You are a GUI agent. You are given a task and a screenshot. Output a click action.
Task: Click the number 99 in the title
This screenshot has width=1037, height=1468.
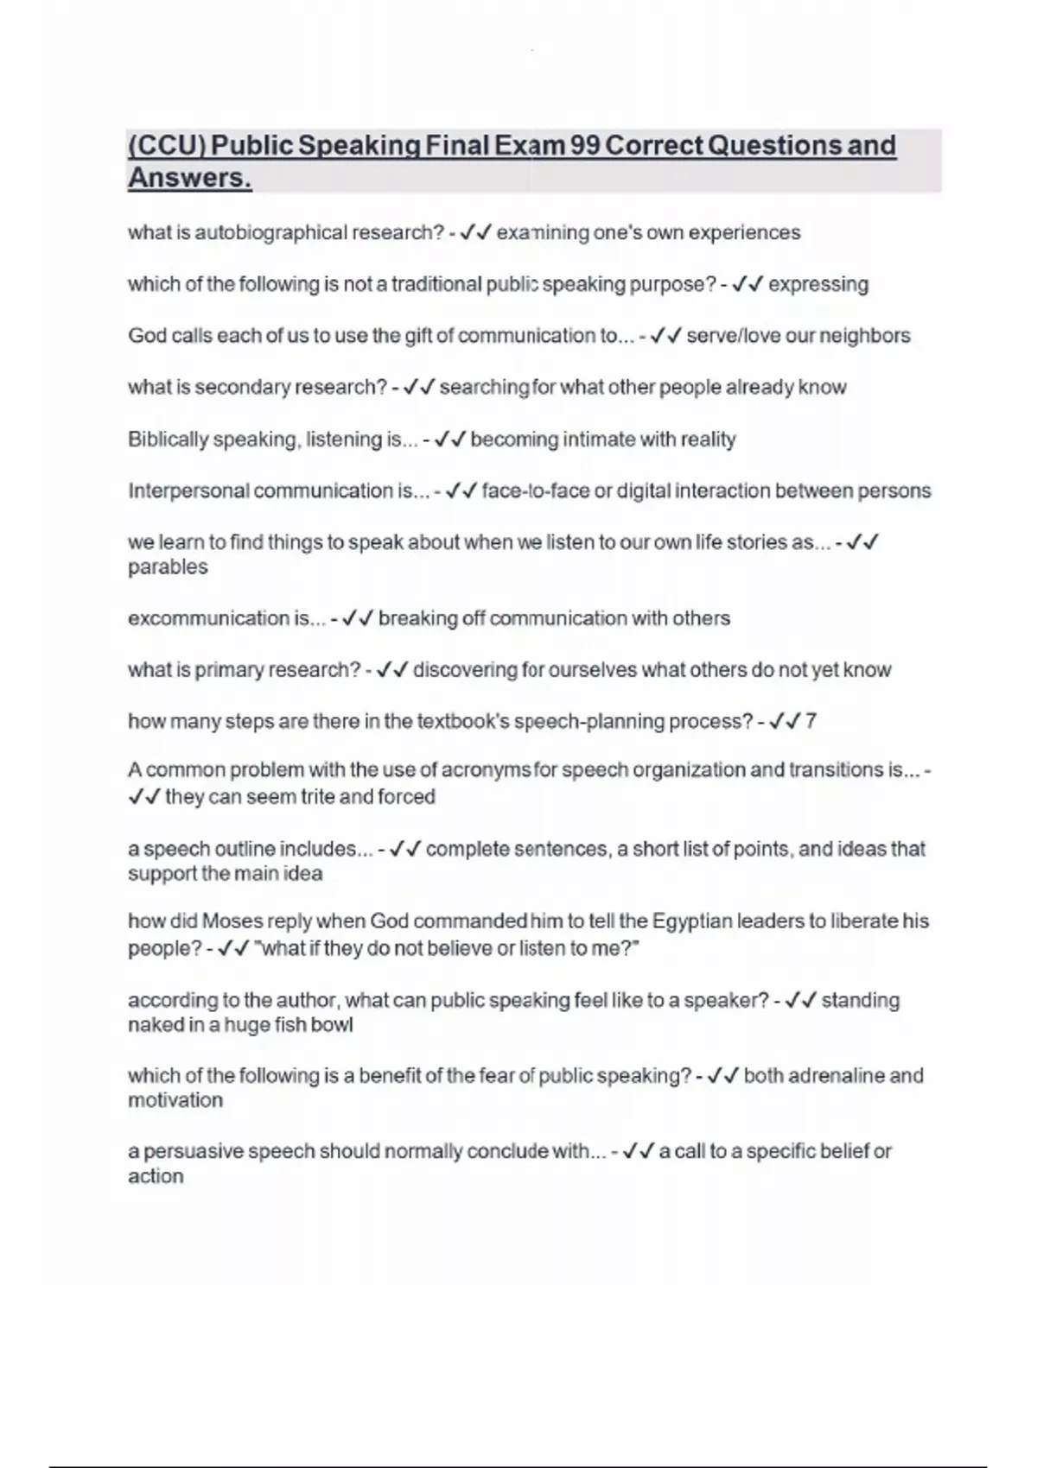pyautogui.click(x=585, y=145)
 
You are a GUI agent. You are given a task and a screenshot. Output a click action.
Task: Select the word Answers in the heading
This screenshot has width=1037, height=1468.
pyautogui.click(x=189, y=178)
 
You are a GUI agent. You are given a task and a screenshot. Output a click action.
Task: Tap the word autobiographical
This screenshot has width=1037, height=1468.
pyautogui.click(x=270, y=233)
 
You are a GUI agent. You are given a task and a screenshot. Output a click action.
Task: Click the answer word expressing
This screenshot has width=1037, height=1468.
pyautogui.click(x=818, y=284)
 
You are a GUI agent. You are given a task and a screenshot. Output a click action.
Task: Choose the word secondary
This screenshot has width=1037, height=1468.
pyautogui.click(x=243, y=388)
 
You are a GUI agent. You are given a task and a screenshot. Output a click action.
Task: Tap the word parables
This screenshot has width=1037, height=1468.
pyautogui.click(x=168, y=567)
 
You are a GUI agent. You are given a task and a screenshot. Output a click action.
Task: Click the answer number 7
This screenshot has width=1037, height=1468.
pyautogui.click(x=811, y=721)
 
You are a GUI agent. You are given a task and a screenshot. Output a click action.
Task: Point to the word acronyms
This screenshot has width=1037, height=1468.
pyautogui.click(x=480, y=769)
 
